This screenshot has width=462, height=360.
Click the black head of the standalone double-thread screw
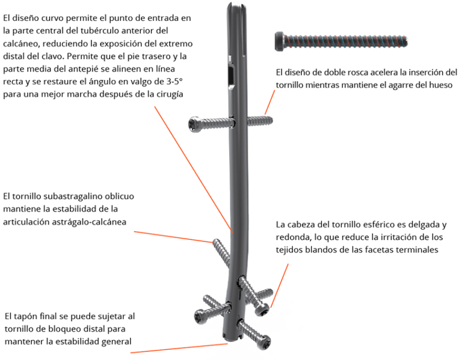tap(280, 40)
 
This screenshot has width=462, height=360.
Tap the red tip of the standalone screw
tap(410, 41)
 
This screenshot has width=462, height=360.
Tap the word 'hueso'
tap(439, 85)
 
